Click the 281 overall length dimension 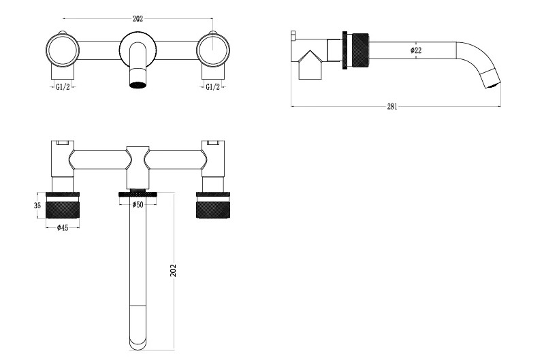tap(391, 106)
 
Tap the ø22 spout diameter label tap(415, 50)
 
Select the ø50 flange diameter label tap(138, 204)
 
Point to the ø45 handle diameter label tap(62, 227)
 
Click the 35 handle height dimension tap(37, 206)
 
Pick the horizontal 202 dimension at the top tap(138, 19)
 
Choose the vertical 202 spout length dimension tap(174, 270)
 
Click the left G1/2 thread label tap(63, 86)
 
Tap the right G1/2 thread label tap(212, 86)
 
